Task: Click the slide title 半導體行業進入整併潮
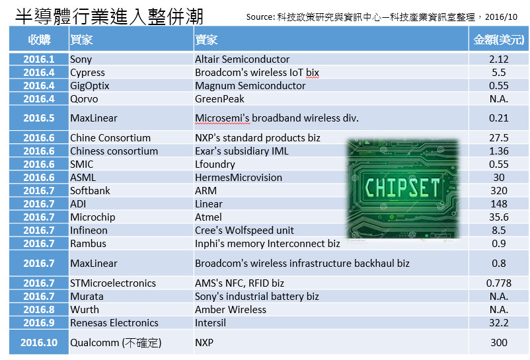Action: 109,17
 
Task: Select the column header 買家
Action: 81,40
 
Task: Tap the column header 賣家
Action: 206,40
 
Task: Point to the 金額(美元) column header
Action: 499,40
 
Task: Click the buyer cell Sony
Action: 81,59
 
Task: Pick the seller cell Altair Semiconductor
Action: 242,59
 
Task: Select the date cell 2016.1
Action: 39,59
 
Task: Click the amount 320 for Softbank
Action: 499,190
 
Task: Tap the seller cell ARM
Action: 206,190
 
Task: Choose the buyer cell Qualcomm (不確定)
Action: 116,342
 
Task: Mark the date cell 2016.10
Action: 39,342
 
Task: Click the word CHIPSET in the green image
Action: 402,188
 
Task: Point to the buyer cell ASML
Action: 83,177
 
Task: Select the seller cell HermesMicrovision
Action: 239,177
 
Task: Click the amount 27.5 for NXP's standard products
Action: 499,138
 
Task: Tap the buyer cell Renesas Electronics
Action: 114,322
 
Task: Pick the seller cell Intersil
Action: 210,322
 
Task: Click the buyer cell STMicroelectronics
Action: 113,283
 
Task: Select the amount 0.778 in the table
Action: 499,283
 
